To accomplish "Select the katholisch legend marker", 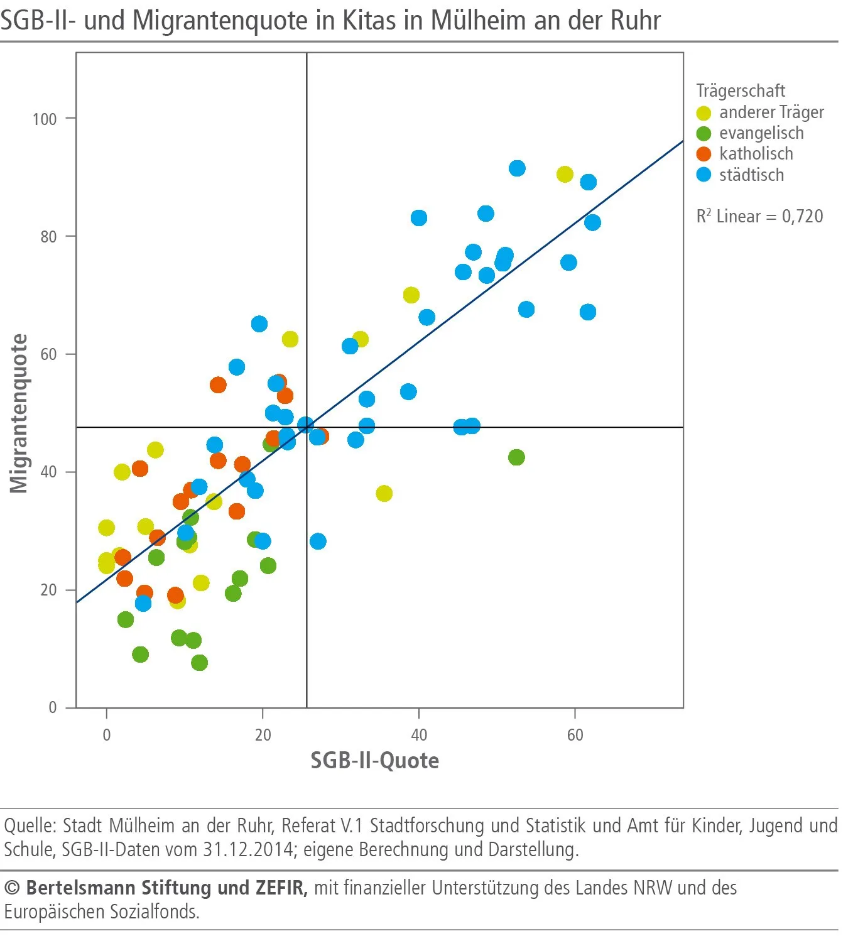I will click(704, 154).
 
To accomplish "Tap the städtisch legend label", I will click(751, 175).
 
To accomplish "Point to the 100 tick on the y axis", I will click(45, 119).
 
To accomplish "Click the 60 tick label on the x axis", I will click(575, 735).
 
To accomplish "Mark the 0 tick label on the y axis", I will click(53, 707).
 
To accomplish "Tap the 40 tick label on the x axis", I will click(418, 735).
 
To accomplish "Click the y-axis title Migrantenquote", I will click(19, 413).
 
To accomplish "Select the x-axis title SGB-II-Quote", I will click(375, 761).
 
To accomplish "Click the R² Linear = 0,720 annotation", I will click(759, 216).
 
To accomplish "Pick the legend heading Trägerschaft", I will click(741, 91).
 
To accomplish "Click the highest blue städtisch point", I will click(517, 168).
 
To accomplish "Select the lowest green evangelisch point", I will click(199, 663).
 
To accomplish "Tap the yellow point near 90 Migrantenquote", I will click(565, 175).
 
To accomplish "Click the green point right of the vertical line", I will click(516, 457).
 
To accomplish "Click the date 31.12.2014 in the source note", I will click(247, 849).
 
